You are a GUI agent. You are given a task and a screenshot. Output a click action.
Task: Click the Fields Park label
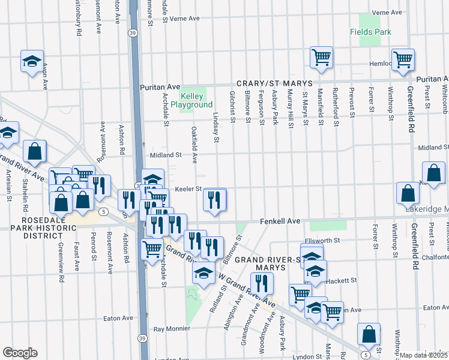click(x=371, y=32)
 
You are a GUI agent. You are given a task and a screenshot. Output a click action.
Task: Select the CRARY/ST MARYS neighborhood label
click(x=274, y=83)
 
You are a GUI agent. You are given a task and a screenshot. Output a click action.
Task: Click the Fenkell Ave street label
click(x=280, y=221)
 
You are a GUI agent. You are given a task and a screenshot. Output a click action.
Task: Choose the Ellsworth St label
click(x=322, y=241)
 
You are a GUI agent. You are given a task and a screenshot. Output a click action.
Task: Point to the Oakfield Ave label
click(x=194, y=145)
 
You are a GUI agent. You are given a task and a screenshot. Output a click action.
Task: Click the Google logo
click(x=20, y=353)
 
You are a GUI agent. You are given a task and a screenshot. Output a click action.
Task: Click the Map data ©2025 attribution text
click(x=424, y=355)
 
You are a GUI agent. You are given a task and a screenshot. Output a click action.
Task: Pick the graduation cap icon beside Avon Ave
click(x=32, y=61)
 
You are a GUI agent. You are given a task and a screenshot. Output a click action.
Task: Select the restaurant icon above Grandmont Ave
click(x=261, y=283)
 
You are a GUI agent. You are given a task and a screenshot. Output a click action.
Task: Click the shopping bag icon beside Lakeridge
click(x=408, y=193)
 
